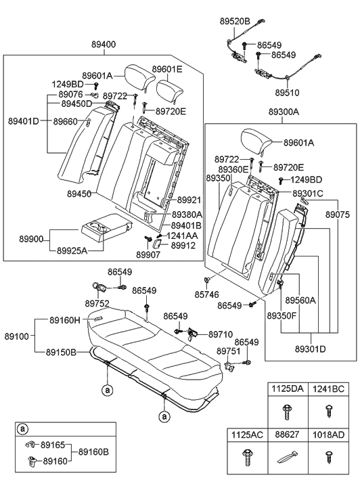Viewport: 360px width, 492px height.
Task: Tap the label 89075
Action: click(338, 214)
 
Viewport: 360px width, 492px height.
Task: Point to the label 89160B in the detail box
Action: click(93, 451)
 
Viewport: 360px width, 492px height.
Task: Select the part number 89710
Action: click(221, 334)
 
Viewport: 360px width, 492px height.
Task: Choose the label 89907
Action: click(148, 254)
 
